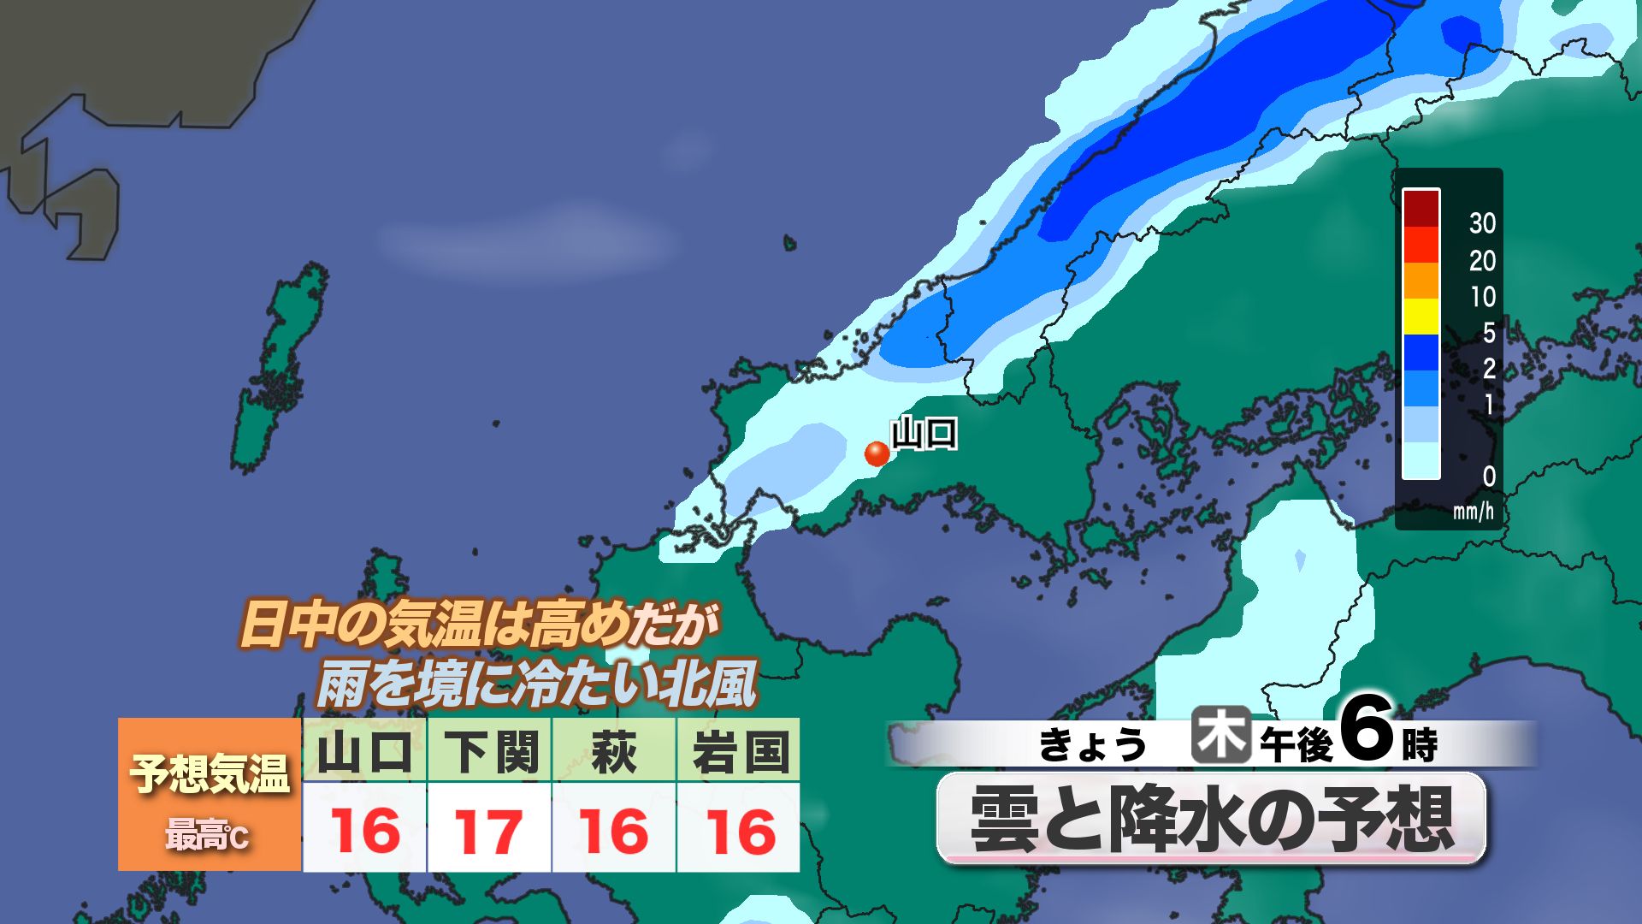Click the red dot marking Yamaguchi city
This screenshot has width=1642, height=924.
[877, 453]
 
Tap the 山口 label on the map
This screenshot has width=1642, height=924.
[924, 434]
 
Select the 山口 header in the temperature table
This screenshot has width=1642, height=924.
[364, 752]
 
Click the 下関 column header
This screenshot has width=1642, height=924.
[490, 752]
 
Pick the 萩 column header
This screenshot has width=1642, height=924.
[614, 752]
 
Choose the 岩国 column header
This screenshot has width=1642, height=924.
[739, 752]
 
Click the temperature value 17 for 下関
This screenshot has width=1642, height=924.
[489, 831]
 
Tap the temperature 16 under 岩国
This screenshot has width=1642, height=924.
[740, 831]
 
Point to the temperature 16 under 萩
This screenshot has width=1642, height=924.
[614, 831]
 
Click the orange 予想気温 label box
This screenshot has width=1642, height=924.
[210, 794]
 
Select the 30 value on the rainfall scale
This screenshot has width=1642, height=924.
[1482, 223]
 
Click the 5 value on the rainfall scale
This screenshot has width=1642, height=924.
[1488, 332]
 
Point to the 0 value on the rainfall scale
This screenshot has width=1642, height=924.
[1488, 476]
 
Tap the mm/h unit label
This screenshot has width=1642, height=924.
[1473, 512]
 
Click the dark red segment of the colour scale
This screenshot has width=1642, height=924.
[1421, 208]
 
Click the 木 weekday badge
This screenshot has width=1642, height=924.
[1220, 736]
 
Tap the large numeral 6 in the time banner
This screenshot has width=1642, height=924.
[1366, 729]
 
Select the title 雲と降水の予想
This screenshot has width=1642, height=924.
[1211, 819]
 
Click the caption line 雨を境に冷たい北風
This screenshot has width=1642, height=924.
[537, 685]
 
